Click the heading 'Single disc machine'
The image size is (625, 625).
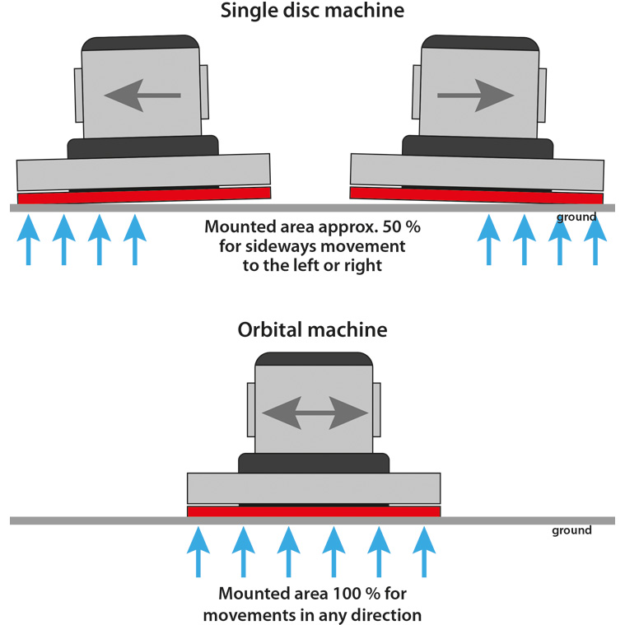[x=312, y=12]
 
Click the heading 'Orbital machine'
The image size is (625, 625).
[x=312, y=329]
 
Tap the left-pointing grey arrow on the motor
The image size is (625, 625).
[x=142, y=95]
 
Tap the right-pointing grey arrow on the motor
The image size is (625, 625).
[x=475, y=96]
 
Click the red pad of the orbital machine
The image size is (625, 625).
[x=313, y=511]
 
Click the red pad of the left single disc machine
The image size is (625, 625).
[x=144, y=195]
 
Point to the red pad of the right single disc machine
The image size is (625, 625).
[x=476, y=195]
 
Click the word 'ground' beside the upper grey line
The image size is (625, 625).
[x=576, y=217]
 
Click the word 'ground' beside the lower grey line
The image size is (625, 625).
[x=571, y=531]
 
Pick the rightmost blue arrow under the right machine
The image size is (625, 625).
[x=595, y=238]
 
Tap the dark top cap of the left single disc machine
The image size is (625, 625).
[x=138, y=42]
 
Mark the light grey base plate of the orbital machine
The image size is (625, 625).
[x=313, y=488]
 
